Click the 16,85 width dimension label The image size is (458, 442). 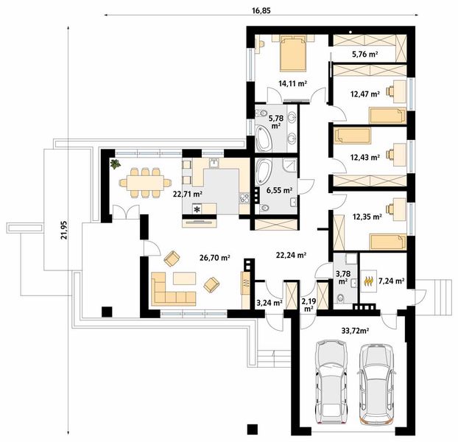(261, 10)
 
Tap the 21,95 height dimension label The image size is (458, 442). (64, 230)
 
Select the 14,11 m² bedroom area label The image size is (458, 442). (292, 84)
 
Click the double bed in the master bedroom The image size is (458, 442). (293, 53)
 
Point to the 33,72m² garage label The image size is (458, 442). (355, 331)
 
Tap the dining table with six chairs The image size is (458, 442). (145, 183)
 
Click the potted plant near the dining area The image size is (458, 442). (116, 164)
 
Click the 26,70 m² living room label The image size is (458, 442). (215, 258)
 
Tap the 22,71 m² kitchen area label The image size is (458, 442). (188, 194)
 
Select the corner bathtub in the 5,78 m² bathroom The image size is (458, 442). (264, 138)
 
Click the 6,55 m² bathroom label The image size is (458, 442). (280, 191)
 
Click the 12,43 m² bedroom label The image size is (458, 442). (365, 158)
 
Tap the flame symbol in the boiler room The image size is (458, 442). (369, 281)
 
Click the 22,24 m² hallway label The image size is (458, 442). (291, 256)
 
